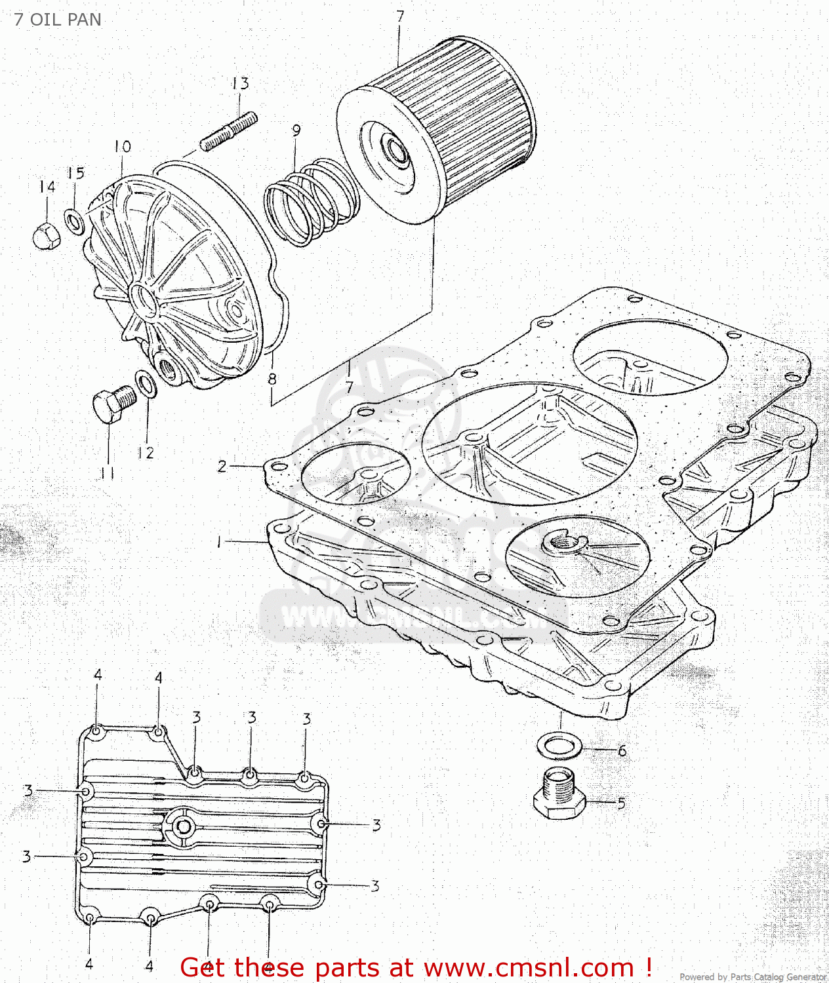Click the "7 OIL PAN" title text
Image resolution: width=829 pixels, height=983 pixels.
(x=58, y=20)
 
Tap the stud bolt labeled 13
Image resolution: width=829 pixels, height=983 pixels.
(x=228, y=131)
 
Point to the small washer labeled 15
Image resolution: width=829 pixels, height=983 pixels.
(x=74, y=222)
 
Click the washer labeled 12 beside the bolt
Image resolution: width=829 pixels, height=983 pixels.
(x=146, y=384)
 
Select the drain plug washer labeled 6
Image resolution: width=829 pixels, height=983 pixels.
(x=559, y=746)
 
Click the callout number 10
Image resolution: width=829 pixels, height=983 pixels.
(x=122, y=147)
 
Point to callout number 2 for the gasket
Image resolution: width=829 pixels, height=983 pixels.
(x=222, y=466)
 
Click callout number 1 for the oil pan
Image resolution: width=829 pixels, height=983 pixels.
(x=219, y=542)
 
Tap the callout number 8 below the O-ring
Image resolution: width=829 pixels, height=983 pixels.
(x=272, y=379)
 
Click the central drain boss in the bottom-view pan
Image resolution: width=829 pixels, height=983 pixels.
(x=184, y=826)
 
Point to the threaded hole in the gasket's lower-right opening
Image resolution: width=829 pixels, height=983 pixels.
(x=561, y=542)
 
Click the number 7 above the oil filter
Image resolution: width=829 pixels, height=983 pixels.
(x=400, y=16)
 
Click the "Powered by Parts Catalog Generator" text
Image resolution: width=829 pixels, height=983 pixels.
(x=752, y=976)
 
